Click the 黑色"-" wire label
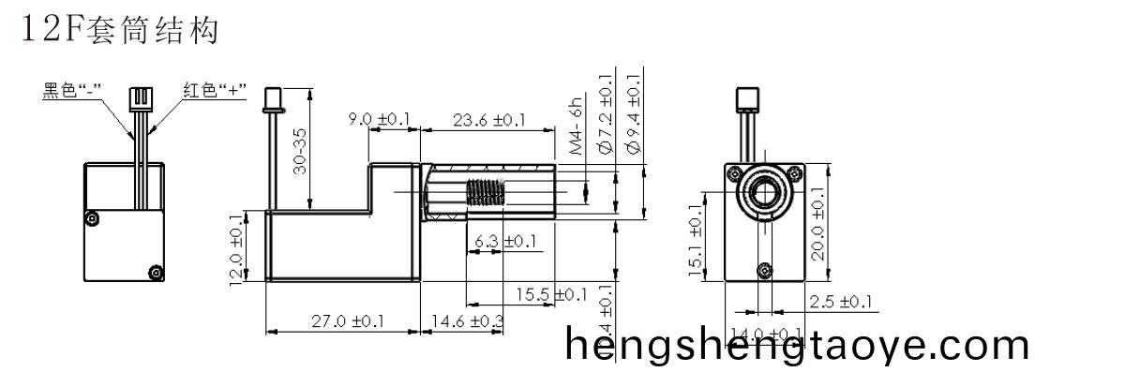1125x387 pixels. coord(73,92)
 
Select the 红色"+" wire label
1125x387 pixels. coord(214,92)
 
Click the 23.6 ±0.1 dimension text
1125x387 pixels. coord(487,121)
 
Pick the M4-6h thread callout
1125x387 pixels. coord(577,125)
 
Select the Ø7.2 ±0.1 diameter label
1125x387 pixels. coord(605,113)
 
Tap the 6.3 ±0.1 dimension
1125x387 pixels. coord(505,242)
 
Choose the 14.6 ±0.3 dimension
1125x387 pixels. coord(466,321)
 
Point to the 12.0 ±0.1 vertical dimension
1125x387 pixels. coord(236,246)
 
